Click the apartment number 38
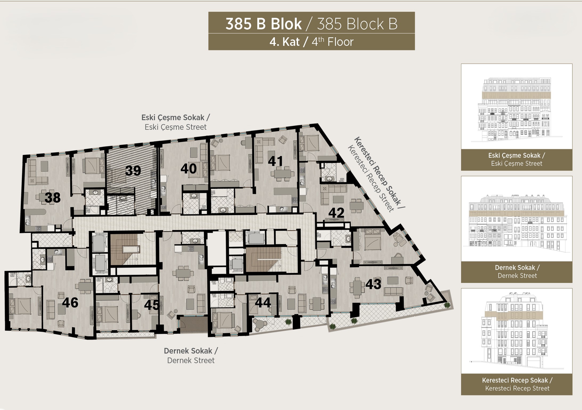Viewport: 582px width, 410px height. click(x=52, y=198)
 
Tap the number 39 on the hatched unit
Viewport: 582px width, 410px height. click(x=133, y=171)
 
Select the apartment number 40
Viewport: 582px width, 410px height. click(x=189, y=169)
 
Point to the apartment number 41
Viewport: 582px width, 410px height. click(x=275, y=161)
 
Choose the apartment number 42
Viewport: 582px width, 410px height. click(x=336, y=213)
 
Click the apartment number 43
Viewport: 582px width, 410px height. click(x=373, y=284)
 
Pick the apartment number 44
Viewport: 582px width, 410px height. click(x=263, y=303)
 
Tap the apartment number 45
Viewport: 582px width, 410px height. click(x=152, y=305)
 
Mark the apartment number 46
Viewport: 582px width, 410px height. click(x=70, y=303)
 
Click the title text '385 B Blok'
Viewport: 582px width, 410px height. click(x=263, y=24)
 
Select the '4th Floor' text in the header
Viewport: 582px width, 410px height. click(x=332, y=42)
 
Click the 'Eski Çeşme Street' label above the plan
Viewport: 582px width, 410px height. click(x=176, y=127)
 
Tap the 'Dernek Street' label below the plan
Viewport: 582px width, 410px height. click(x=191, y=360)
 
